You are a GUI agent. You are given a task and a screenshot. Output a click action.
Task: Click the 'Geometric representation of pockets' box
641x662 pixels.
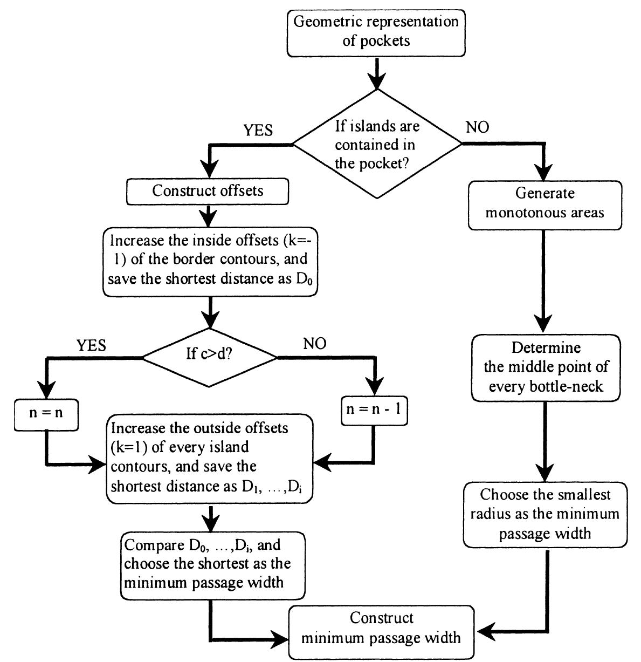[x=376, y=31]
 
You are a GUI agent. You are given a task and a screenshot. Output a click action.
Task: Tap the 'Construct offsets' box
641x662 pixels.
[x=207, y=191]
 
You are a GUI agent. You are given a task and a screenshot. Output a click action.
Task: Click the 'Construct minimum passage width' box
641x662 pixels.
[x=381, y=629]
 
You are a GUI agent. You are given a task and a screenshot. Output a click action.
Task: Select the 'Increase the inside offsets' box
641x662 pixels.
[x=210, y=259]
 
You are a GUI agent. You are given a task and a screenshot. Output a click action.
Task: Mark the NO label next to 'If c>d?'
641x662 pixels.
[x=314, y=344]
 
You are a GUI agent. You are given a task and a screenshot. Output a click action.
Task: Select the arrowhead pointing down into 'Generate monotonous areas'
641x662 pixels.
[x=545, y=173]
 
